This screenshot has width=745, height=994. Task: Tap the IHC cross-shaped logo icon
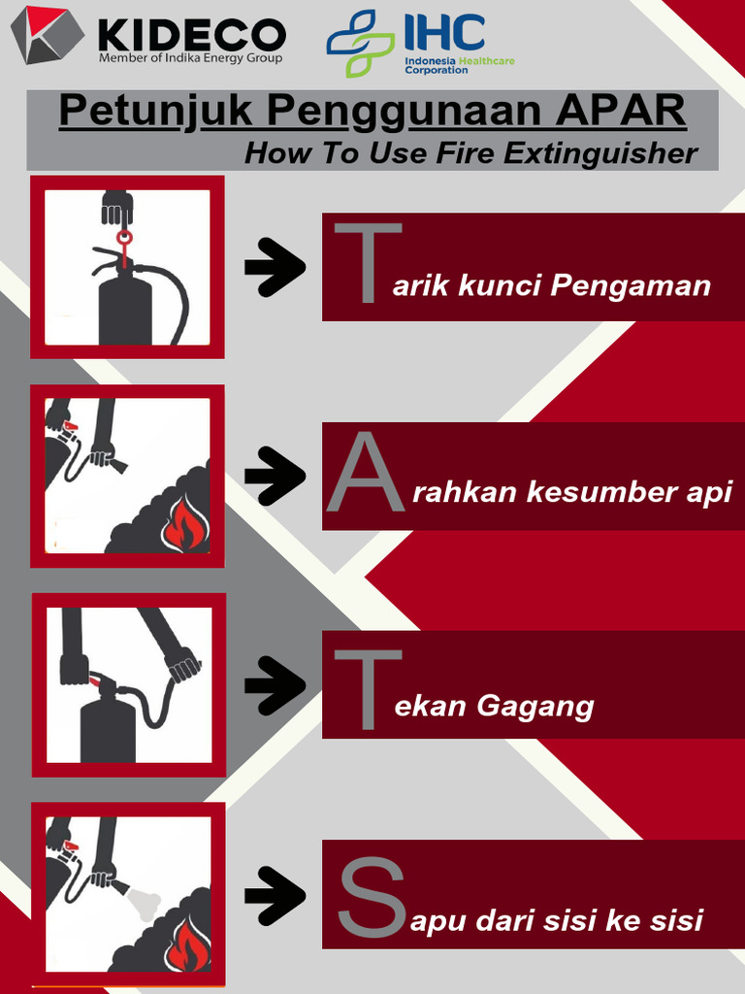point(361,43)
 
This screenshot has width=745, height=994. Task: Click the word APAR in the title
point(621,112)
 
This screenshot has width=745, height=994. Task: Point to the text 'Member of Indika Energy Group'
point(190,58)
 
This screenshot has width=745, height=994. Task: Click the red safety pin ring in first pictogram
point(123,237)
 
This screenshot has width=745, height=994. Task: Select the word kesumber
point(589,492)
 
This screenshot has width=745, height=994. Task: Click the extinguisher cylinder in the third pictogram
point(108,728)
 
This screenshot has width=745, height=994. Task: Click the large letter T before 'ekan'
point(367,688)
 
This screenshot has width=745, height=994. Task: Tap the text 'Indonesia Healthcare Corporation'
point(458,64)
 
